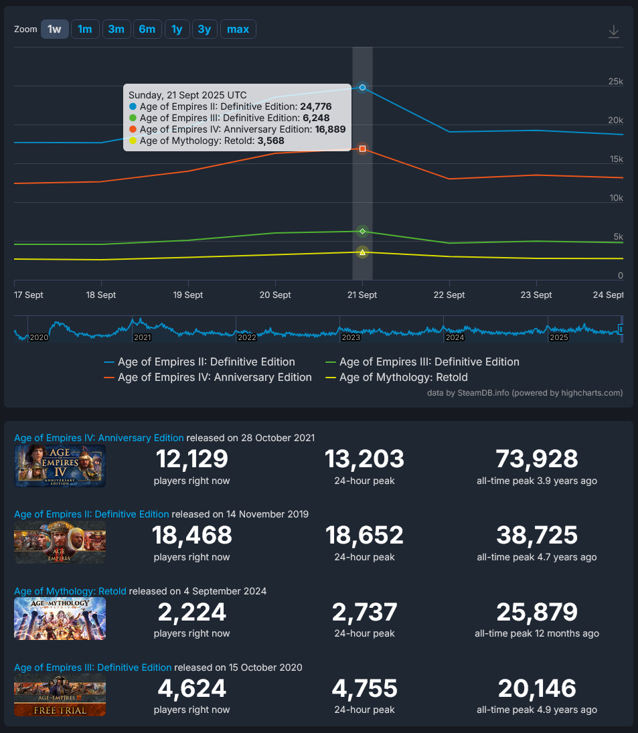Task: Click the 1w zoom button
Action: pos(54,29)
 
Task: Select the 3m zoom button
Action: pos(116,29)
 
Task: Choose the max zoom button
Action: pos(238,29)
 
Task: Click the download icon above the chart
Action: pos(613,31)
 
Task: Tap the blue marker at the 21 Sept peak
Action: pos(362,88)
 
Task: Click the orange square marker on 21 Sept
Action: pos(362,149)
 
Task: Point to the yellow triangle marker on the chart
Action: pos(362,252)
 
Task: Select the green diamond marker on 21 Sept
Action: pos(362,231)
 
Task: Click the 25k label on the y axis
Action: pos(615,82)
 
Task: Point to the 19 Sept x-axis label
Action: pos(188,295)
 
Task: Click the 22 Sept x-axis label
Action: pos(449,295)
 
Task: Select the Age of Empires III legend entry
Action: pos(429,362)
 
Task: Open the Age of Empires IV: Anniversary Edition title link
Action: pos(99,438)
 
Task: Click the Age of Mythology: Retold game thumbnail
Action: pos(60,619)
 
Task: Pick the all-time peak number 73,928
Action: pos(536,459)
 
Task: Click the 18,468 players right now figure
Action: pos(191,536)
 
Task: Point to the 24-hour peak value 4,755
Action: pos(364,688)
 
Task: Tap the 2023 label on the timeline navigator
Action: pos(351,337)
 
